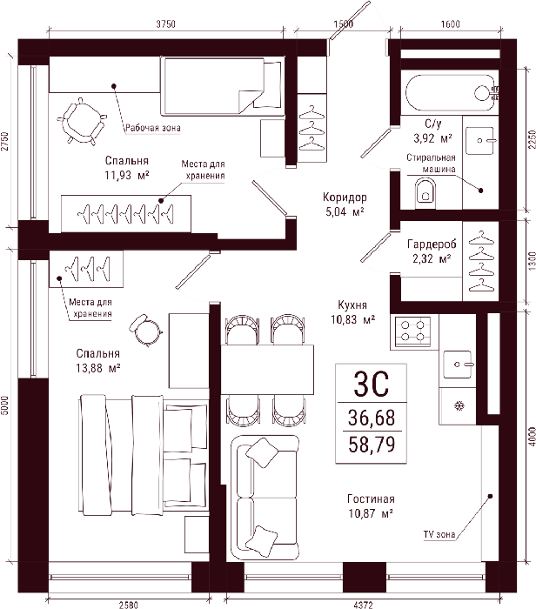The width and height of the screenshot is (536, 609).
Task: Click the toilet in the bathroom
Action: click(x=425, y=192)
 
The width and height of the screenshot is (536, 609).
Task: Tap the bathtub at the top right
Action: click(x=450, y=92)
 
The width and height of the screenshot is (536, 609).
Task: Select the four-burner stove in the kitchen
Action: click(x=412, y=331)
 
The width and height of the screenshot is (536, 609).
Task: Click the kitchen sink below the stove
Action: click(x=458, y=365)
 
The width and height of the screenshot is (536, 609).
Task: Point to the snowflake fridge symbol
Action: click(x=459, y=406)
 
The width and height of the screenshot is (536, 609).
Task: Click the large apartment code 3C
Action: click(x=371, y=384)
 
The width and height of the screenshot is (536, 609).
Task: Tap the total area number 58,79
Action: click(x=372, y=444)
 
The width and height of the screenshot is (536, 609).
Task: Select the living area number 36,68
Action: click(x=372, y=418)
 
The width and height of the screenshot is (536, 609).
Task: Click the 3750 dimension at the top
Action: click(x=166, y=24)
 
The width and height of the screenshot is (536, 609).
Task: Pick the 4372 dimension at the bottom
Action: click(x=363, y=605)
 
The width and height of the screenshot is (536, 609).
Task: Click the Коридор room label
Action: click(x=345, y=197)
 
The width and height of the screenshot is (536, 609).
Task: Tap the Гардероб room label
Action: click(x=432, y=244)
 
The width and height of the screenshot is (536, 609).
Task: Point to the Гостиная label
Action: click(x=371, y=499)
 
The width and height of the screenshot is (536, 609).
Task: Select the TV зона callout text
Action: click(x=439, y=534)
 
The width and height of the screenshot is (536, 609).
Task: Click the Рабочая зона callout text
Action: click(x=152, y=128)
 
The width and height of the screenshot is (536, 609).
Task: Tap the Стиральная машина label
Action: click(x=431, y=164)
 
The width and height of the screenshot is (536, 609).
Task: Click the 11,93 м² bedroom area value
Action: click(x=127, y=175)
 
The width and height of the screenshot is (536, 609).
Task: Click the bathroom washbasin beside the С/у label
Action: click(x=479, y=140)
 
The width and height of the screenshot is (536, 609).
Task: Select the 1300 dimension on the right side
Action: click(x=533, y=261)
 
